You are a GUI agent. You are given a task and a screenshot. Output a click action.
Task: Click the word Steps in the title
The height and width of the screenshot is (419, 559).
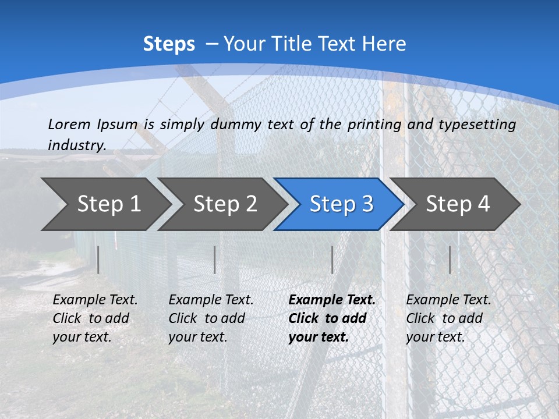pos(169,44)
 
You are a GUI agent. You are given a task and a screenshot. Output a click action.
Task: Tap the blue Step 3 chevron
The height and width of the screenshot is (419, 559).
pos(341,204)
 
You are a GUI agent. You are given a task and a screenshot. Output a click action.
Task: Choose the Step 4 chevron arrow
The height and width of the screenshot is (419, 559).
pos(458,204)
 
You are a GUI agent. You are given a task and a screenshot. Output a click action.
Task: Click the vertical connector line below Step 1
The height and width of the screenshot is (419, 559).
pos(98,260)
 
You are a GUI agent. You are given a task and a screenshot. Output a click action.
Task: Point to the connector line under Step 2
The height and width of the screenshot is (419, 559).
pos(215,260)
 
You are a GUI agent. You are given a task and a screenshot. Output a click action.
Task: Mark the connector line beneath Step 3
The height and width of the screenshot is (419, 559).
pos(332,260)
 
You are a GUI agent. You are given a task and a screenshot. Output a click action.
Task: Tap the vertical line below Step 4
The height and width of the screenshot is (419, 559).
pos(450,260)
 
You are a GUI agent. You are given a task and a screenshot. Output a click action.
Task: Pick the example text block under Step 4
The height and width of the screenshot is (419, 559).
pos(448,318)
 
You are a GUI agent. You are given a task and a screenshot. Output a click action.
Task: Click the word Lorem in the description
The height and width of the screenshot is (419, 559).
pos(69,125)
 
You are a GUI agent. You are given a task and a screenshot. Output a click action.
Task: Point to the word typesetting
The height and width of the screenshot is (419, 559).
pos(477,125)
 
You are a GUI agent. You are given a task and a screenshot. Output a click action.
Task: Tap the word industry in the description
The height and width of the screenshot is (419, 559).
pos(76,145)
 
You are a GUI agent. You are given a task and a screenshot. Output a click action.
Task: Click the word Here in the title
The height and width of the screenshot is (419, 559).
pos(384,44)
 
